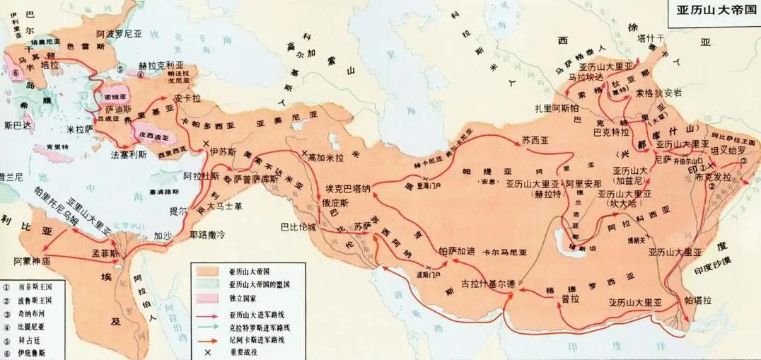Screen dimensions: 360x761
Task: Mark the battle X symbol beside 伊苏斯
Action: (x=205, y=144)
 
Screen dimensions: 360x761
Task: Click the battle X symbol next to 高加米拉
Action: (x=304, y=153)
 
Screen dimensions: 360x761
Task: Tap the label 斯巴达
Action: (x=18, y=124)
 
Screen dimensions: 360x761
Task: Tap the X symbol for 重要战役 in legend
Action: (x=207, y=352)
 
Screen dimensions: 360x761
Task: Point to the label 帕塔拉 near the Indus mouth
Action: (x=699, y=301)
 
